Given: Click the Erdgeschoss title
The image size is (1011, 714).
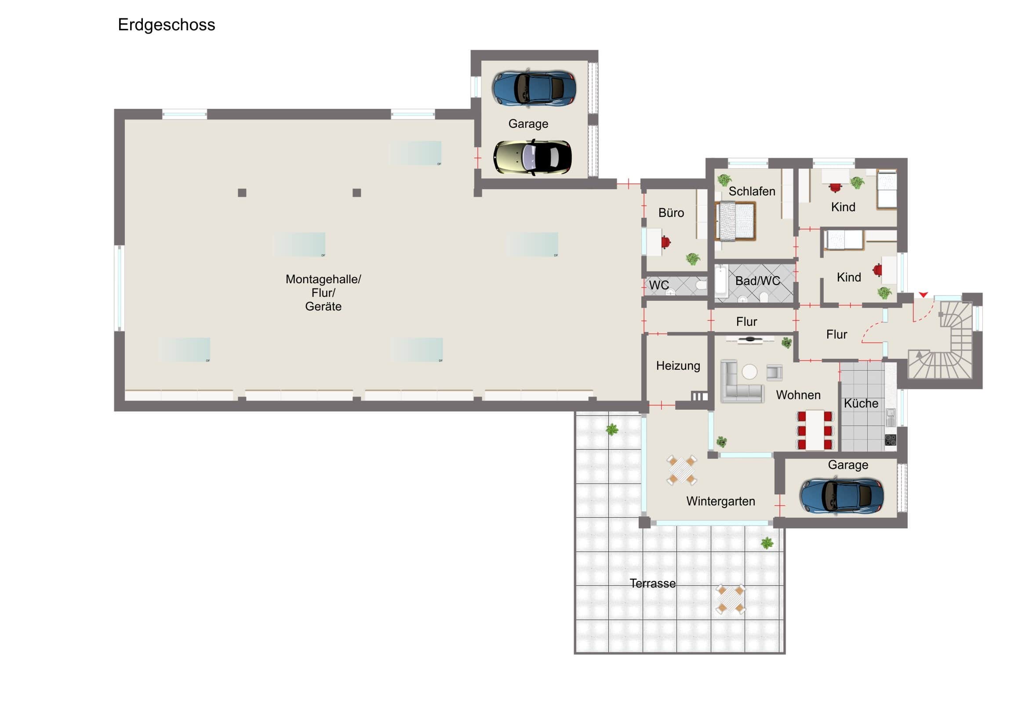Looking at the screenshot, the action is pos(167,25).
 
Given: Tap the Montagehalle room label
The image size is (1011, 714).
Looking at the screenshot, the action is pos(323,279).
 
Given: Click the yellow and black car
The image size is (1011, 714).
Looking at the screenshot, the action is pos(532,157).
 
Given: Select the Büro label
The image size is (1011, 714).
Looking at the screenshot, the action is pos(671,213).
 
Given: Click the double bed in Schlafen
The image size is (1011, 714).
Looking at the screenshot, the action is pos(735,221).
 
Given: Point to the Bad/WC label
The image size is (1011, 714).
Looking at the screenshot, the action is pos(757,281).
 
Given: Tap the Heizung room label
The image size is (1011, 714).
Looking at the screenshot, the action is pos(678,366).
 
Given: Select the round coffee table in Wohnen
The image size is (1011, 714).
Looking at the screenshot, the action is pos(749,372).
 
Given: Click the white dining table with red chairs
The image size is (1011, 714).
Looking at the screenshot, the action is pos(815,430).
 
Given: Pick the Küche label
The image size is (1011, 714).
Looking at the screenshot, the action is pos(861,404).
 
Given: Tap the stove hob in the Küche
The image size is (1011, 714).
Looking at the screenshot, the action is pos(891,440).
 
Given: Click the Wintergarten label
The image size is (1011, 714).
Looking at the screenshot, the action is pos(720,501).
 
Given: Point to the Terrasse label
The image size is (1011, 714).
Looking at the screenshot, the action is pos(653,583).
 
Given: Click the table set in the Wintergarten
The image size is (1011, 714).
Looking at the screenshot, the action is pos(682,470).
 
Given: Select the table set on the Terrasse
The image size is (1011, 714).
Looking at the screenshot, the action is pos(731,599).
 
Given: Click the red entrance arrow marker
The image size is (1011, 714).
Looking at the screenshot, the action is pos(924,295).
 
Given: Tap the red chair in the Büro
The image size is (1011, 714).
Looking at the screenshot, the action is pos(666,242).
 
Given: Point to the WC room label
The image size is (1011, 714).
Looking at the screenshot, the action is pos(659,285).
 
